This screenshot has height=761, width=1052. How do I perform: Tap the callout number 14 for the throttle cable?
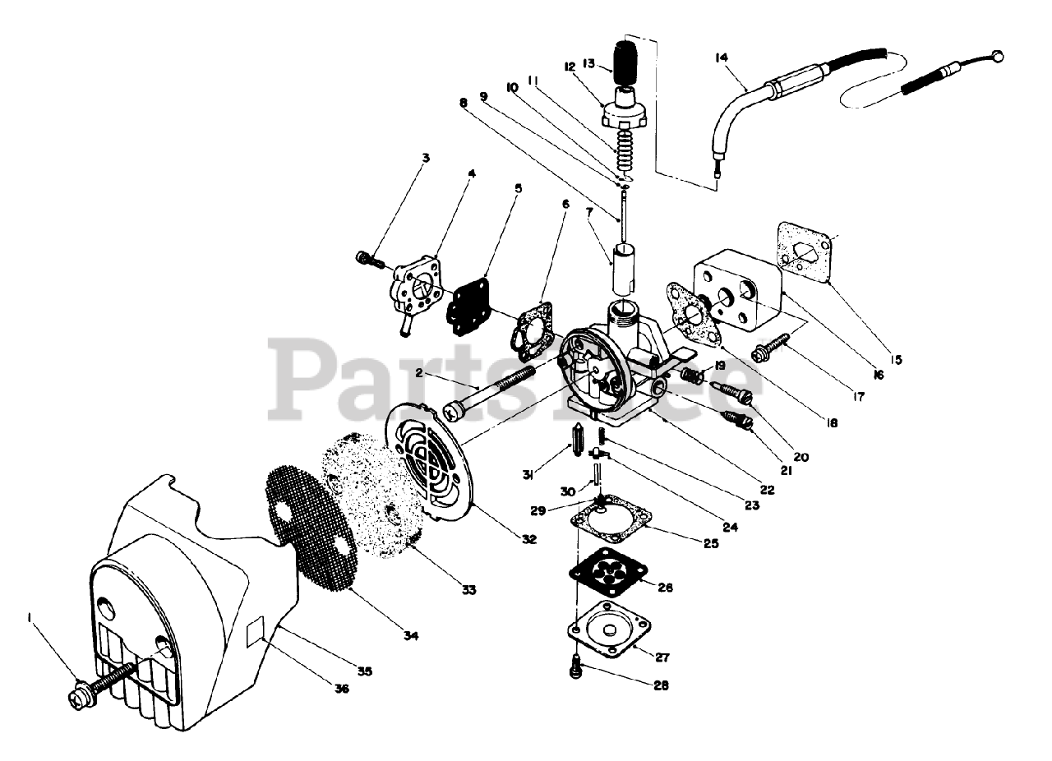pyautogui.click(x=722, y=57)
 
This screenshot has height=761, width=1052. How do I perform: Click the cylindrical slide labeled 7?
pyautogui.click(x=623, y=266)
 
